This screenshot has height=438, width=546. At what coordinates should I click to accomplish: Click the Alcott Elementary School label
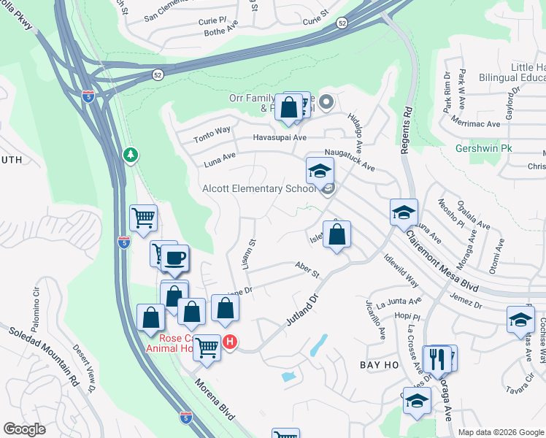click(258, 189)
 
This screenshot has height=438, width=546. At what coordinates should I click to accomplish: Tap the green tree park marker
click(130, 155)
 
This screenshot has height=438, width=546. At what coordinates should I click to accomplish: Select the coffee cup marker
click(175, 258)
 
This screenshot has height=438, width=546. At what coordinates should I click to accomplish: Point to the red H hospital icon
click(230, 341)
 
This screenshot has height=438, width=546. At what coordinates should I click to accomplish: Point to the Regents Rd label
click(407, 131)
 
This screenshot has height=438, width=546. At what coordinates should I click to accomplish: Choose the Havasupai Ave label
click(279, 137)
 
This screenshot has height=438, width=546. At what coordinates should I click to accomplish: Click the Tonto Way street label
click(212, 134)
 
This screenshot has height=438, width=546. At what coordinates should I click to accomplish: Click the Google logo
click(24, 429)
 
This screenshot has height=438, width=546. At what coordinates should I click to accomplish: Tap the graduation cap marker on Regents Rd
click(404, 212)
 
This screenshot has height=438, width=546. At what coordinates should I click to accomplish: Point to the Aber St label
click(307, 269)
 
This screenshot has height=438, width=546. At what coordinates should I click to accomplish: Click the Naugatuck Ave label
click(350, 158)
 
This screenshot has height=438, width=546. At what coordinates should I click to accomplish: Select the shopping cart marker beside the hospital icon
click(207, 347)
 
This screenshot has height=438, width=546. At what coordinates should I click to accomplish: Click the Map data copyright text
click(501, 432)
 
